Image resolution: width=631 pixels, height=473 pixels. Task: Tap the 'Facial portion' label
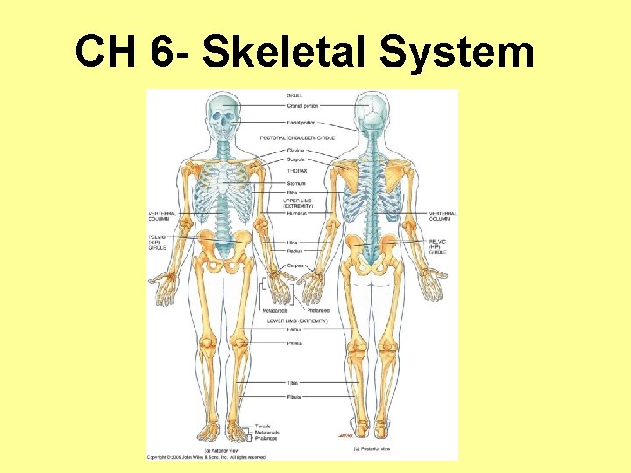click(x=301, y=123)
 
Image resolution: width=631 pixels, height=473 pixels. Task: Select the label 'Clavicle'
click(x=294, y=151)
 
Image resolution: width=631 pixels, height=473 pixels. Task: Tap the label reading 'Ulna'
click(x=291, y=243)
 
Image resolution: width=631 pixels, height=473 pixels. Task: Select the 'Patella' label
click(x=294, y=343)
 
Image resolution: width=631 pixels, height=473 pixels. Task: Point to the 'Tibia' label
click(x=292, y=383)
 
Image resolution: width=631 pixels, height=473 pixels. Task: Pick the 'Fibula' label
click(x=294, y=397)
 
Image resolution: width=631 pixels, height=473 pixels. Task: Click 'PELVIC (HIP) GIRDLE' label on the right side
click(x=438, y=245)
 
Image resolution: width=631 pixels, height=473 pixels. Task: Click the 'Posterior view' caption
click(x=373, y=448)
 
